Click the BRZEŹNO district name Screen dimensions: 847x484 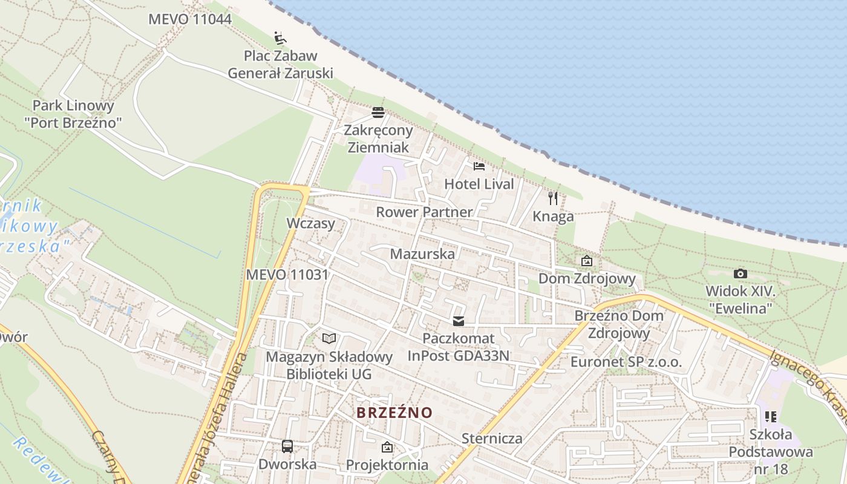pyautogui.click(x=394, y=413)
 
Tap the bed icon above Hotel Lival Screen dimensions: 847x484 pyautogui.click(x=479, y=166)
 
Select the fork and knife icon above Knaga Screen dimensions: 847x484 pyautogui.click(x=553, y=198)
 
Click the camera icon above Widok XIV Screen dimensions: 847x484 pyautogui.click(x=740, y=273)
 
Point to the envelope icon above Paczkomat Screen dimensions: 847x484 pyautogui.click(x=459, y=321)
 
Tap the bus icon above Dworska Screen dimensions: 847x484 pyautogui.click(x=287, y=446)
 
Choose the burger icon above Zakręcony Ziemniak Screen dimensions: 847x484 pyautogui.click(x=378, y=112)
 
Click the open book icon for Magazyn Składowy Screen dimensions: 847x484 pyautogui.click(x=329, y=339)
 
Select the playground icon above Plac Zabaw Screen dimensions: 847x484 pyautogui.click(x=280, y=38)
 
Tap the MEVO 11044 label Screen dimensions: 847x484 pyautogui.click(x=190, y=19)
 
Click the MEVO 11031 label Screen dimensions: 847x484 pyautogui.click(x=287, y=275)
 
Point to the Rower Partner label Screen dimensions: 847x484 pyautogui.click(x=424, y=212)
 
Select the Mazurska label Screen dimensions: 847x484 pyautogui.click(x=422, y=253)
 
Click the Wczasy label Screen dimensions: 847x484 pyautogui.click(x=310, y=223)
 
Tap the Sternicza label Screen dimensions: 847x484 pyautogui.click(x=492, y=438)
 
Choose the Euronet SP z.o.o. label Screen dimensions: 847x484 pyautogui.click(x=626, y=362)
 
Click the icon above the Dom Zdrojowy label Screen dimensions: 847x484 pyautogui.click(x=586, y=261)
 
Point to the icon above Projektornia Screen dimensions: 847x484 pyautogui.click(x=387, y=448)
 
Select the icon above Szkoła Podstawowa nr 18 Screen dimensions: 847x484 pyautogui.click(x=771, y=416)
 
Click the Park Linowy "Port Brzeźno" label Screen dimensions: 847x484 pyautogui.click(x=73, y=114)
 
